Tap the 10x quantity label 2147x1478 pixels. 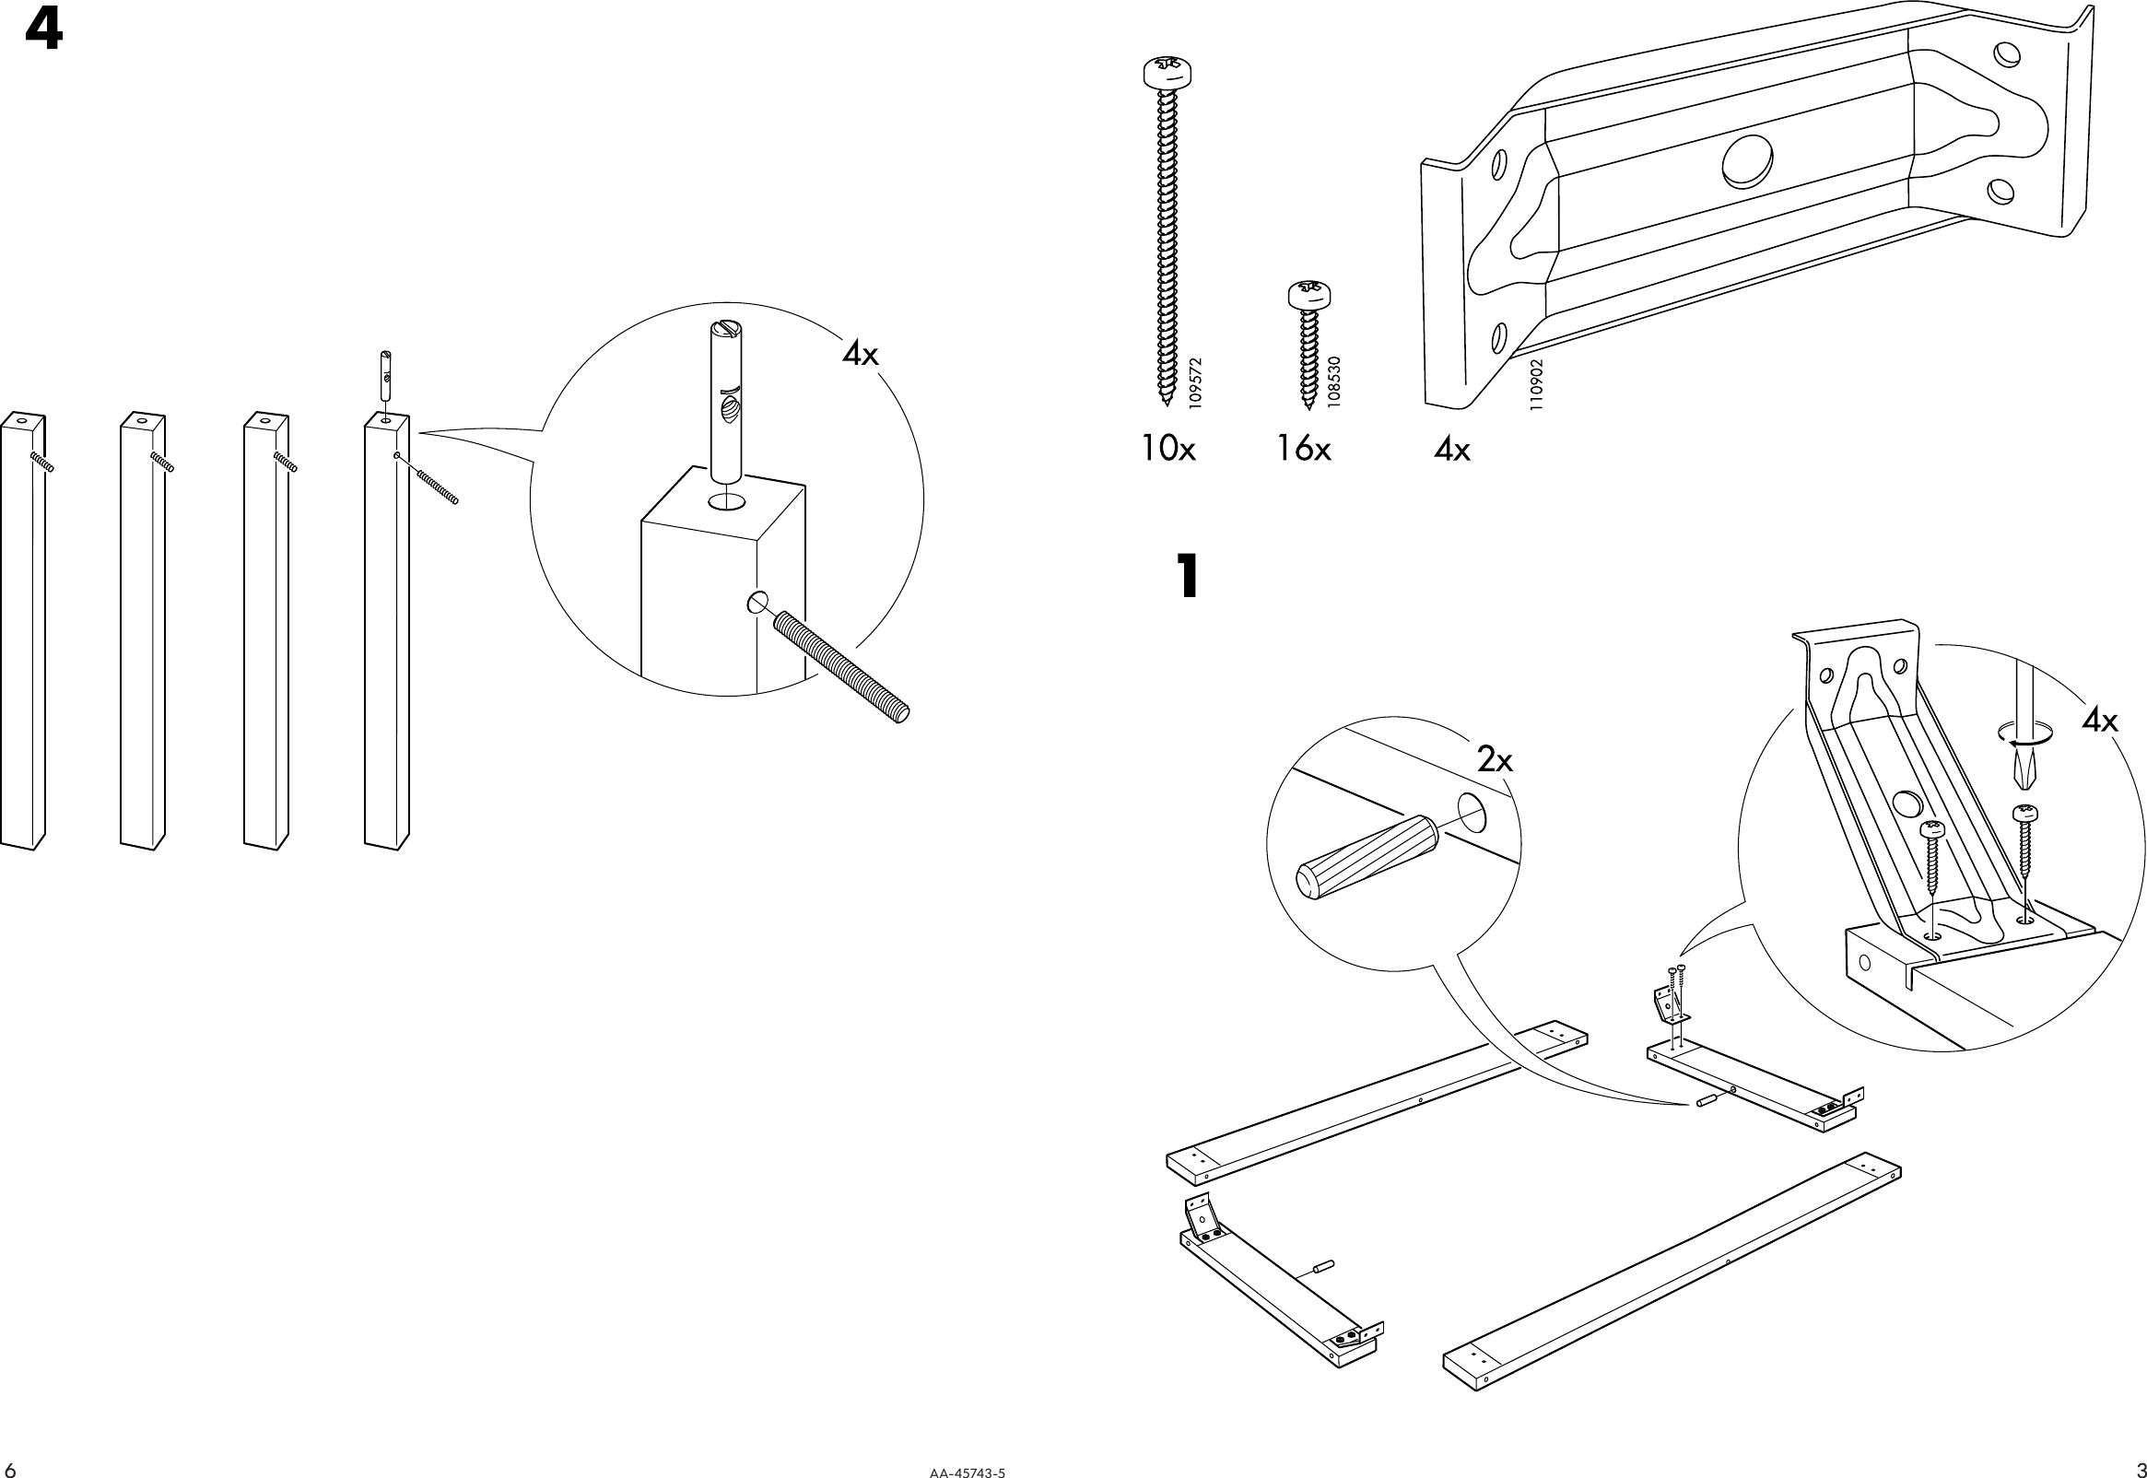click(1167, 450)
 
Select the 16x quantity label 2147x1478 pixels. click(1303, 450)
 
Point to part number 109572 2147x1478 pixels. click(1195, 384)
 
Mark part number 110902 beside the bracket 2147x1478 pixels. click(1536, 386)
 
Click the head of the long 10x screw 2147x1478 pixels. click(1167, 72)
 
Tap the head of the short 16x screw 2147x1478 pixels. click(1310, 296)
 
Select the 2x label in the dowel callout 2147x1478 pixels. click(1495, 760)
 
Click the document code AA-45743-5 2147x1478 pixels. click(967, 1470)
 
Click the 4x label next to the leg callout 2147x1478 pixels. click(860, 354)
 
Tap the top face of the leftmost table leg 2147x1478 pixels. click(21, 421)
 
